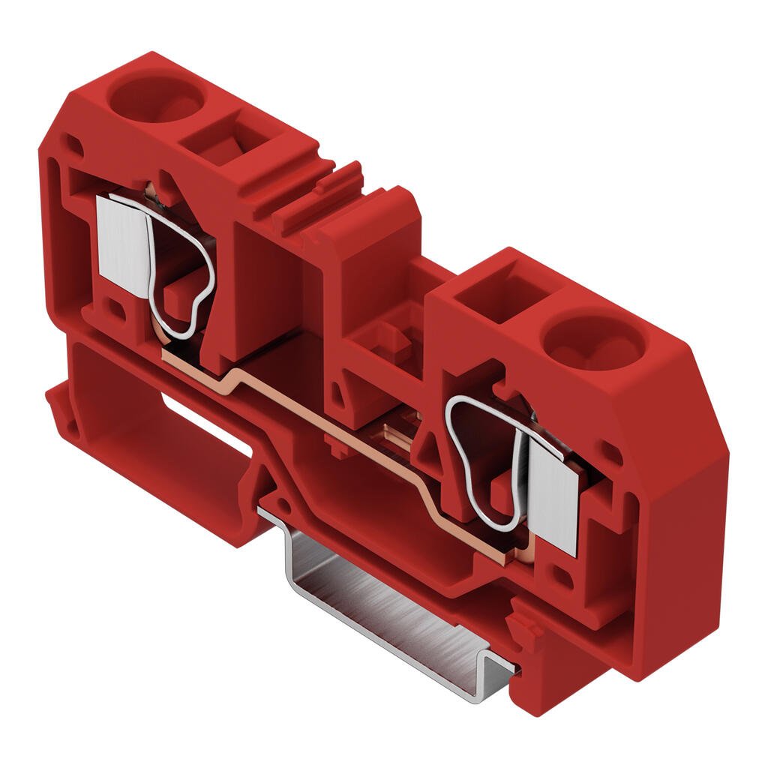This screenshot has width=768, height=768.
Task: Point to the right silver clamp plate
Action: click(553, 494)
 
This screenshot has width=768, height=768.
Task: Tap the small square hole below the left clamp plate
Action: click(114, 307)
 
